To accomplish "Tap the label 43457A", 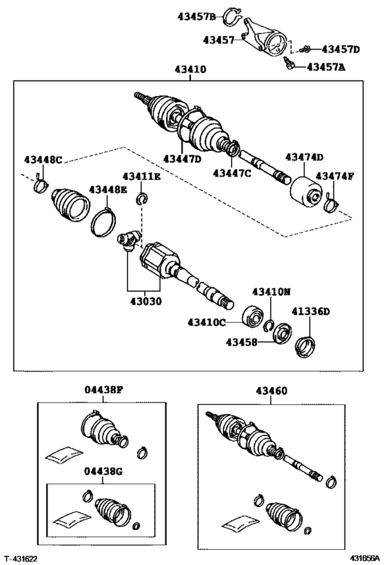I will pos(327,67).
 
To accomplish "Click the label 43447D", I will pos(182,159).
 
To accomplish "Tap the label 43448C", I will pos(43,160).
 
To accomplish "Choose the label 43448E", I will pos(107,189).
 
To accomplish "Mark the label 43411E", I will pos(142,177).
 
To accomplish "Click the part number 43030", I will pos(145,301).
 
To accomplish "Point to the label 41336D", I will pos(309,312).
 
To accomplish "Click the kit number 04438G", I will pos(104,471).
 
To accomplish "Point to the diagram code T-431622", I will pos(21,557).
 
